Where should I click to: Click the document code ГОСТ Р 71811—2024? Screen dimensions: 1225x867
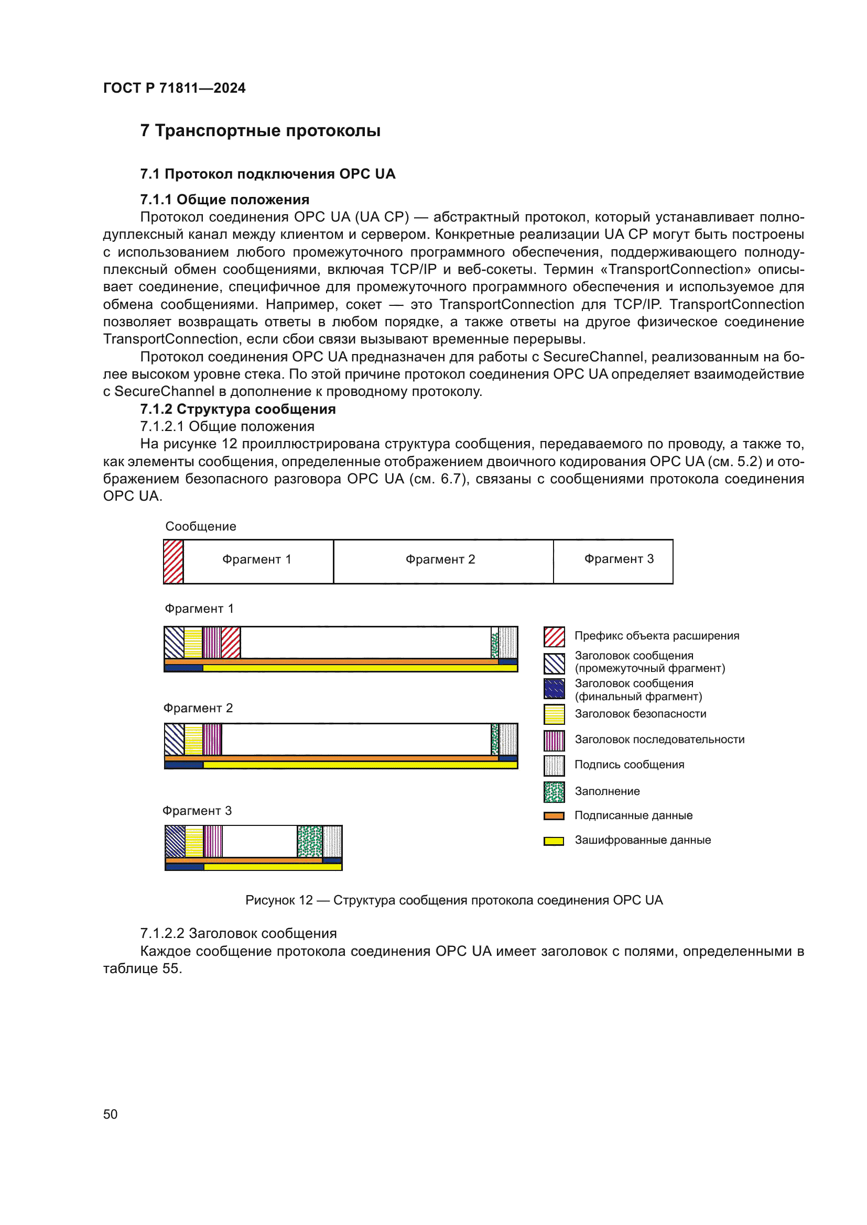[x=174, y=88]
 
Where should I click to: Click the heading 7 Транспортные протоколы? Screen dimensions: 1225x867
[x=260, y=131]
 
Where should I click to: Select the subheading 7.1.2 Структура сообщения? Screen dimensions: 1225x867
[x=237, y=409]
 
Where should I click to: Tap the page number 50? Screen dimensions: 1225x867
[x=110, y=1114]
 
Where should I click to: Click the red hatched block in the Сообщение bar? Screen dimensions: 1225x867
[x=173, y=561]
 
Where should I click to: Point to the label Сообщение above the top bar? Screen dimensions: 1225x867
[x=200, y=526]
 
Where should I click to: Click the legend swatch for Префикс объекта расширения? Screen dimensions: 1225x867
[x=554, y=636]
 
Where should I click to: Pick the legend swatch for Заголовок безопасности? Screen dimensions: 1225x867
[x=554, y=714]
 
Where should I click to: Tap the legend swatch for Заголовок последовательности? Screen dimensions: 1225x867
[x=554, y=741]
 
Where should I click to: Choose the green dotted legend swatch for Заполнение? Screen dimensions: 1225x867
[x=554, y=792]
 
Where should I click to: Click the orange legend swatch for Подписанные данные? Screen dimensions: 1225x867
[x=554, y=816]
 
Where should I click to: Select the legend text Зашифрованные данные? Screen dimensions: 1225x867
[x=642, y=840]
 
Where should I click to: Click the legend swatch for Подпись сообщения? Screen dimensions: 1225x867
[x=554, y=766]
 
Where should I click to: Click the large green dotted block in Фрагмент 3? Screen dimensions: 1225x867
[x=310, y=842]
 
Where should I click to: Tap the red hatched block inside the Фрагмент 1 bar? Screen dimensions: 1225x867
[x=231, y=643]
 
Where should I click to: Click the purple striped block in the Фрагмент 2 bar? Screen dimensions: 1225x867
[x=212, y=739]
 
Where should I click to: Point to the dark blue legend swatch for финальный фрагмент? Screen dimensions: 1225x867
[x=554, y=689]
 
